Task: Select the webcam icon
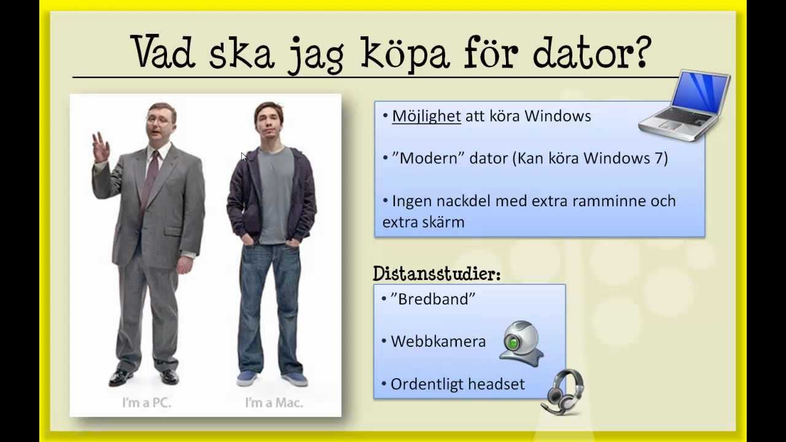(522, 343)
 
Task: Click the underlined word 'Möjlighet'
(426, 116)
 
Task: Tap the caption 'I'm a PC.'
(146, 403)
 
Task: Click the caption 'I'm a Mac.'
(274, 403)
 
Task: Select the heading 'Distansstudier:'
(437, 274)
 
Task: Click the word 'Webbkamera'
(438, 341)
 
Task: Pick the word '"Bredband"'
(433, 299)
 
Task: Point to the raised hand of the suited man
(100, 147)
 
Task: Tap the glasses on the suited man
(158, 120)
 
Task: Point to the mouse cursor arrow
(243, 157)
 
